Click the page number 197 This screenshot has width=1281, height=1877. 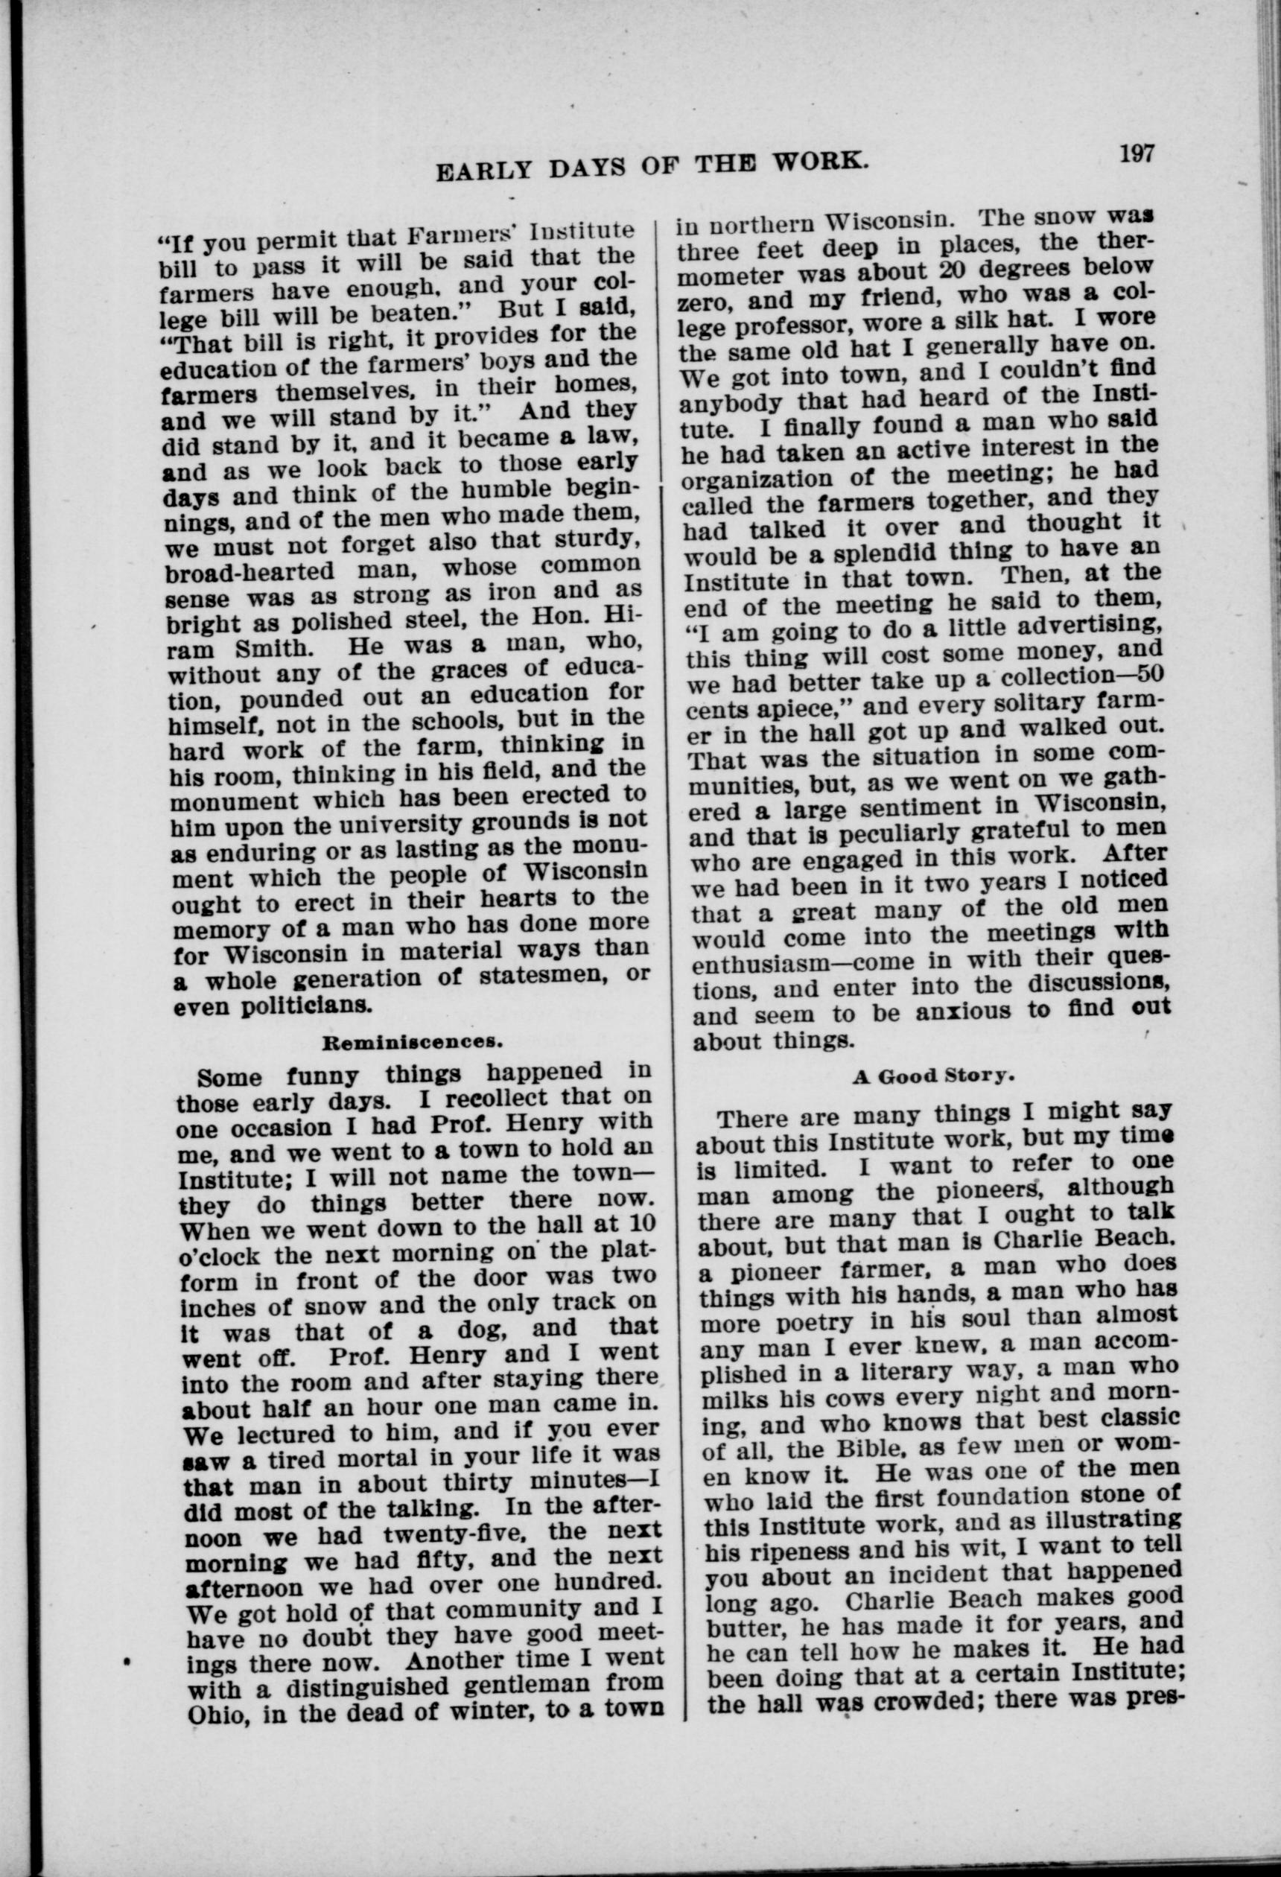(x=1138, y=153)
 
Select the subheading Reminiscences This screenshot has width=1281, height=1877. (x=413, y=1042)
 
